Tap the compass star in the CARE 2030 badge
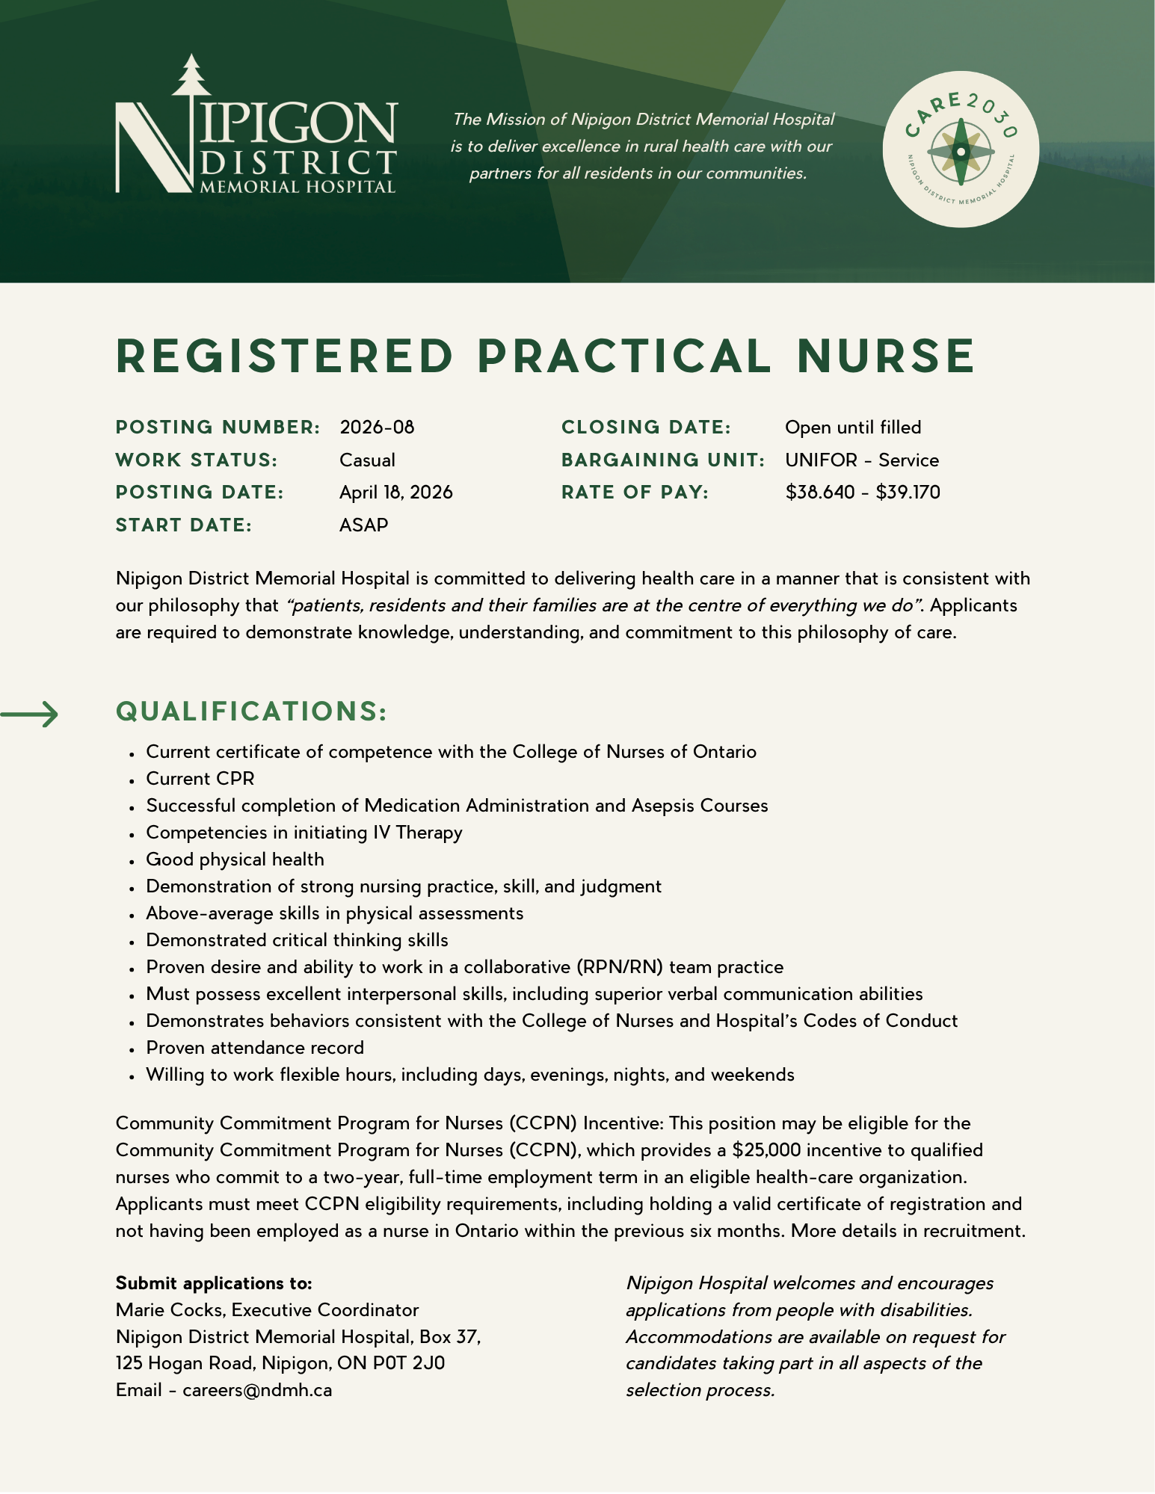(961, 151)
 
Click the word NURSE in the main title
(886, 356)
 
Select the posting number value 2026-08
(377, 427)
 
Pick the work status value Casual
(367, 460)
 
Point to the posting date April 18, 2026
(395, 493)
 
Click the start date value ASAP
(363, 525)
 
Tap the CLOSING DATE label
(646, 427)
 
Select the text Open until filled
(853, 427)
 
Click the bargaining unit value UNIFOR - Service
(861, 460)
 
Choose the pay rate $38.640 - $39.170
(863, 493)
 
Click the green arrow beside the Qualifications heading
(30, 714)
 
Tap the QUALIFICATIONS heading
(251, 711)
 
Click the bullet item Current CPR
(200, 779)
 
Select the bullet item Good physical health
(235, 859)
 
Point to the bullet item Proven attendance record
(255, 1048)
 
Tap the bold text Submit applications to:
(214, 1283)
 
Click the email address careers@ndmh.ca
(257, 1391)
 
